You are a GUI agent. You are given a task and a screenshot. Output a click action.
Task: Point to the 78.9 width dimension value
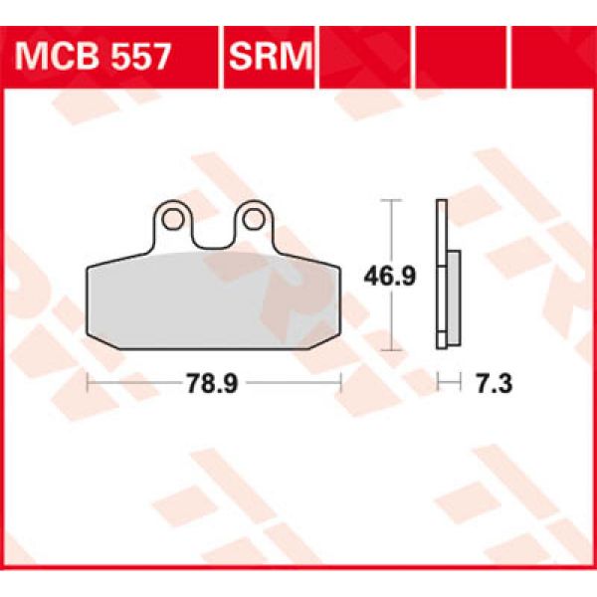214,381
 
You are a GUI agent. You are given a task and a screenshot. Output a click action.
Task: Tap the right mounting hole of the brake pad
253,218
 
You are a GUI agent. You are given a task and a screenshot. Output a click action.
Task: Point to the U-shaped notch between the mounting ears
213,235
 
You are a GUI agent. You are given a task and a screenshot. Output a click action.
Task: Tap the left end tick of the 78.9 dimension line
88,381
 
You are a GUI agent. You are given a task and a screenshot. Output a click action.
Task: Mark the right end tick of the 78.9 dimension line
340,381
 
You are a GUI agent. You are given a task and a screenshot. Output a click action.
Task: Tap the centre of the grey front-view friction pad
213,298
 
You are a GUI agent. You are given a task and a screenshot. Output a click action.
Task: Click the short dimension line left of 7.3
449,381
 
